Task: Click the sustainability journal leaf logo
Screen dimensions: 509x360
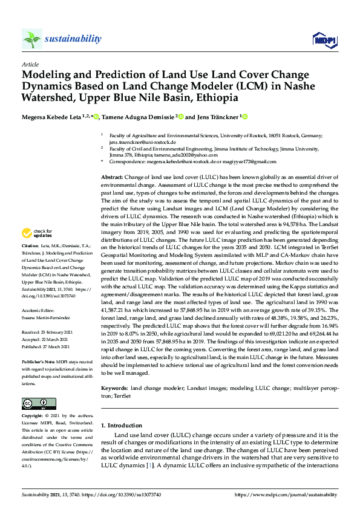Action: coord(32,39)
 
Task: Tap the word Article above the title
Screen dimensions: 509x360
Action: coord(30,64)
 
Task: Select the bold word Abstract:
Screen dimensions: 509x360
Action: coord(113,175)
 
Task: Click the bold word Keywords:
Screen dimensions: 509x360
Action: coord(115,387)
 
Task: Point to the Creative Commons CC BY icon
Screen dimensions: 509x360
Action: coord(34,404)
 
